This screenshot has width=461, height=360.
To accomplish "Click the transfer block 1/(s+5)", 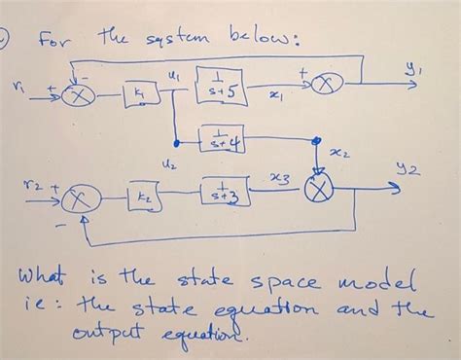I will click(217, 82).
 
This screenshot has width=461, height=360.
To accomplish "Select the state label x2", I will click(339, 153).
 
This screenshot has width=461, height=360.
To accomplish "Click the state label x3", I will click(280, 177).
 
